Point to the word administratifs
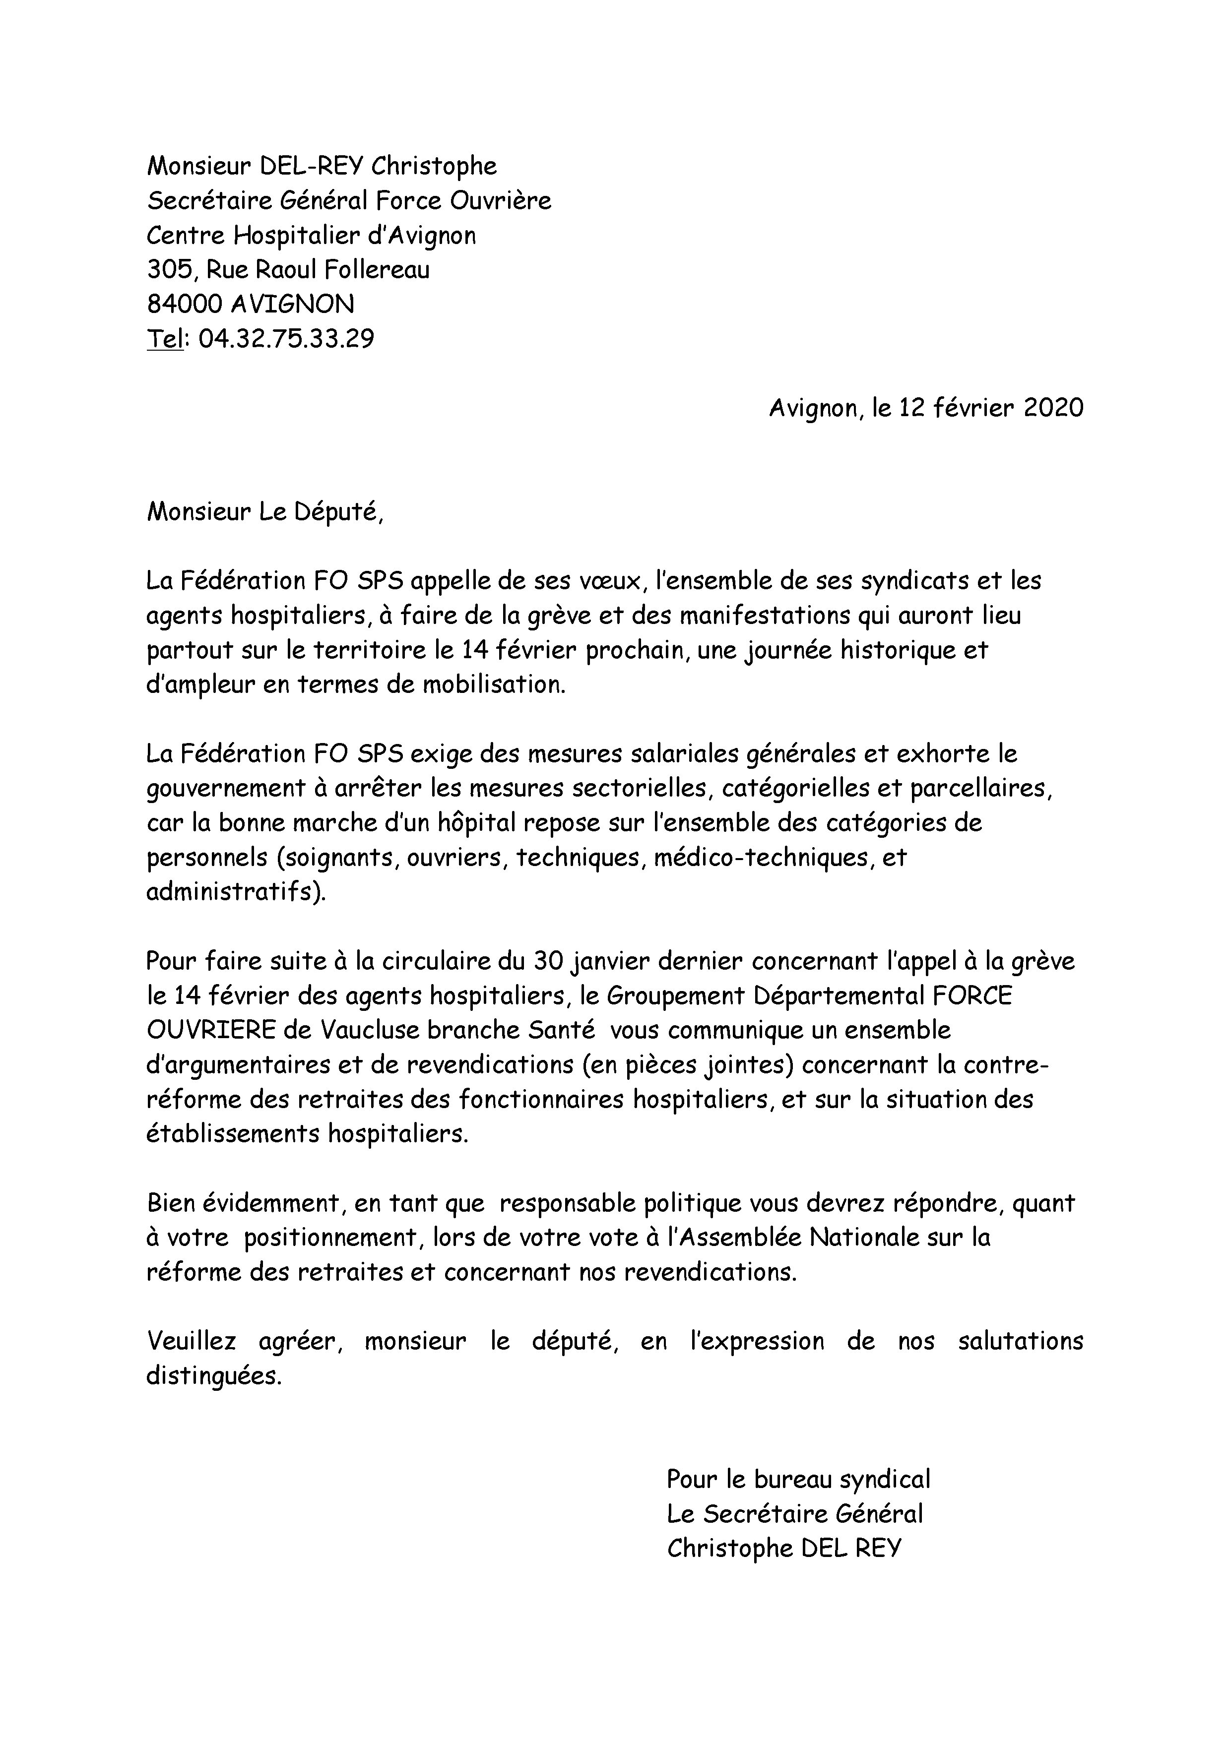235,892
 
